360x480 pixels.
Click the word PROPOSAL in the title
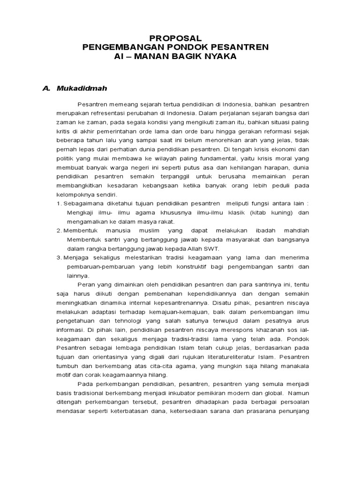(175, 38)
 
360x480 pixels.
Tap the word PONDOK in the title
(184, 47)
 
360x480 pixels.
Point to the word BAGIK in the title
(184, 57)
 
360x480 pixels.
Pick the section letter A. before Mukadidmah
(46, 88)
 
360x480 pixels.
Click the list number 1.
(59, 204)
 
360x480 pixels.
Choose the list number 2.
(59, 231)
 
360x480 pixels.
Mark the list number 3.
(59, 257)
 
